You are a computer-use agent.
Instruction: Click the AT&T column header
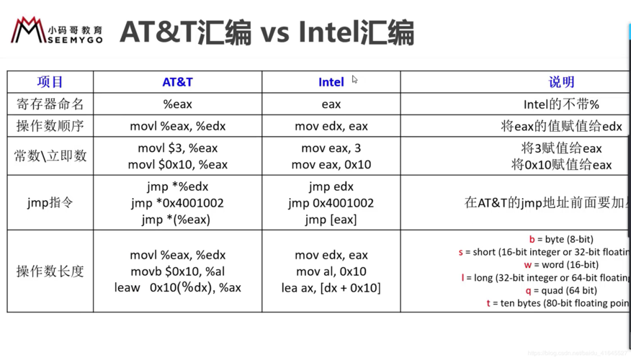point(177,82)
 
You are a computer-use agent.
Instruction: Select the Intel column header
point(331,82)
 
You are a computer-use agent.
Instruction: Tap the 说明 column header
point(561,82)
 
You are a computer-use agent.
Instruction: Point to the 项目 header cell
point(50,82)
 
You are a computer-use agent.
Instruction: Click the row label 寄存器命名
point(50,104)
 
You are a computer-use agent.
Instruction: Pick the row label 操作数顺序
point(50,126)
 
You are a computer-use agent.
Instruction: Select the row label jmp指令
point(50,203)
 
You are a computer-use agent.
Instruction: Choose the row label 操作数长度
point(50,271)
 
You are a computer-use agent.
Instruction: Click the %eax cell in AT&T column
point(177,104)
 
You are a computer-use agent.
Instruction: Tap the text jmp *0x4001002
point(177,203)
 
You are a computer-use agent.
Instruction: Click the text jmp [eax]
point(331,220)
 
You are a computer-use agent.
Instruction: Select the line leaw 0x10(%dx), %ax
point(177,288)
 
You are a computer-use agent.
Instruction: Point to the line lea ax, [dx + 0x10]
point(331,288)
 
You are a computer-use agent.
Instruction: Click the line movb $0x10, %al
point(177,271)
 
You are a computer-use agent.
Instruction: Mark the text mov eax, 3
point(331,148)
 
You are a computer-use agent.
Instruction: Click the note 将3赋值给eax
point(561,148)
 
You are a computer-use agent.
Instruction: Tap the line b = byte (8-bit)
point(561,239)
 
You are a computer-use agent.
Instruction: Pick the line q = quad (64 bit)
point(561,291)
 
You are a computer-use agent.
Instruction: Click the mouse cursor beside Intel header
point(354,79)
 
